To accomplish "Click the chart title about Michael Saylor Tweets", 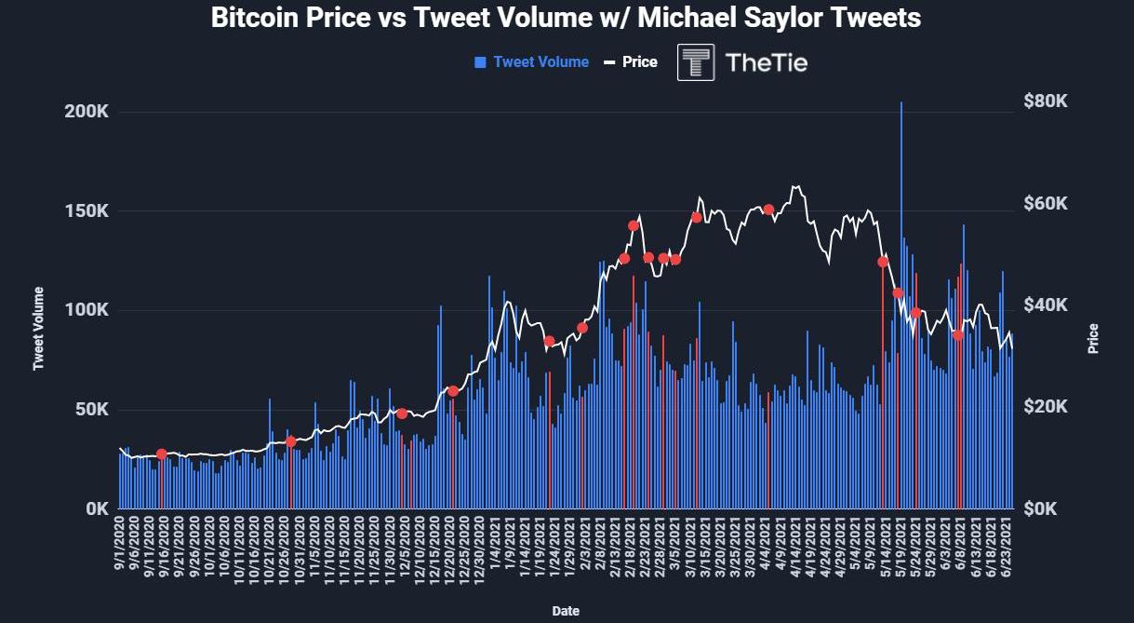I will point(566,18).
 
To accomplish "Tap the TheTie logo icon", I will point(696,62).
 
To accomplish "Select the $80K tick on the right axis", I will point(1047,102).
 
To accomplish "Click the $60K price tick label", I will point(1047,204).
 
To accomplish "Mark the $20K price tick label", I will point(1047,407).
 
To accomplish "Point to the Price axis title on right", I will point(1093,338).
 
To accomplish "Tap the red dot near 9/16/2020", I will point(161,454).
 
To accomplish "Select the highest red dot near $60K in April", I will point(768,210).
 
